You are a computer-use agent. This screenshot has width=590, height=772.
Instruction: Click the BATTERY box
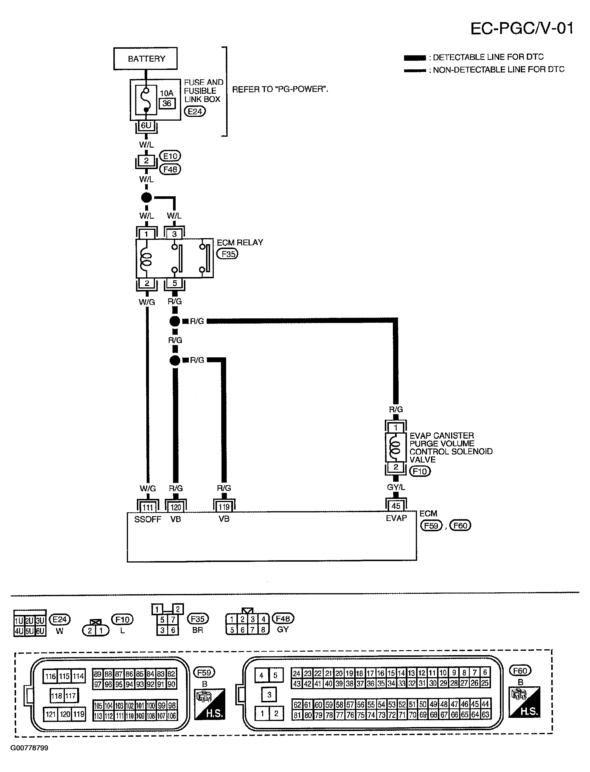(x=145, y=58)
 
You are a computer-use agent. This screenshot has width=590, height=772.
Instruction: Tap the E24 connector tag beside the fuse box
(x=195, y=111)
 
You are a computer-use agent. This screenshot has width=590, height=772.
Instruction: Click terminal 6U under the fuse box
(x=146, y=126)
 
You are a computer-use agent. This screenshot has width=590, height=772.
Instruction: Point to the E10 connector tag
(x=170, y=156)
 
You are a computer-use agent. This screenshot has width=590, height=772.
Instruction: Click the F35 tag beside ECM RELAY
(x=227, y=254)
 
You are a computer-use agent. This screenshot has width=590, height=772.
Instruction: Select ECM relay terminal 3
(x=174, y=234)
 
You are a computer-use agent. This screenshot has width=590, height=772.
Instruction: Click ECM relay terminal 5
(x=174, y=283)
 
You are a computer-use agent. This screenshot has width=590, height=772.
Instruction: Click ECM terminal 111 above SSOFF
(x=148, y=507)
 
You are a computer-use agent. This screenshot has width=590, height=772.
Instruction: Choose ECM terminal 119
(x=224, y=507)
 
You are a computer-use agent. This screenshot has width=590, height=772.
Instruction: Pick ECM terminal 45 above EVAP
(x=396, y=506)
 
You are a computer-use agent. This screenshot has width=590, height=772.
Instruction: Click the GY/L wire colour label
(x=396, y=487)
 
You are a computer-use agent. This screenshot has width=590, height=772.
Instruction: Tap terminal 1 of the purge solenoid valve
(x=396, y=428)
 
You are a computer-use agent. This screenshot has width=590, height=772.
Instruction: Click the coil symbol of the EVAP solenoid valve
(x=395, y=447)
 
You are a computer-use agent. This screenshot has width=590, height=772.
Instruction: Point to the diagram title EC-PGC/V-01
(x=522, y=28)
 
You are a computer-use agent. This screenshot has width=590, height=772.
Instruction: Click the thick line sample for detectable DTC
(x=415, y=58)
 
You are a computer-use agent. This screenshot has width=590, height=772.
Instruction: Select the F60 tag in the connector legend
(x=520, y=671)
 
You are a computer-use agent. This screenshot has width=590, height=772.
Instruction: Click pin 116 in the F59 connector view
(x=51, y=676)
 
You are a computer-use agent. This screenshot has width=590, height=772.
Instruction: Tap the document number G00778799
(x=29, y=748)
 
